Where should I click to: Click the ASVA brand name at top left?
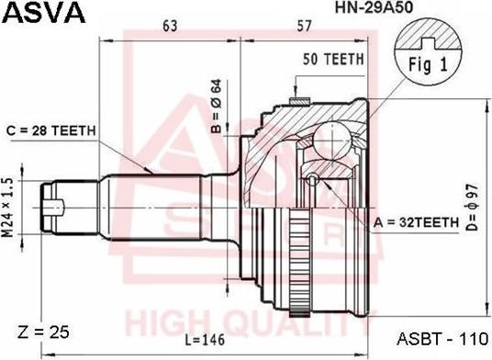tap(44, 13)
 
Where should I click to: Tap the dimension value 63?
tap(169, 27)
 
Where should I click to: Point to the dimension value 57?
tap(306, 27)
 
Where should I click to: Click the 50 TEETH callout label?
tap(333, 58)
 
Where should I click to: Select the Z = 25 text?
tap(43, 331)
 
